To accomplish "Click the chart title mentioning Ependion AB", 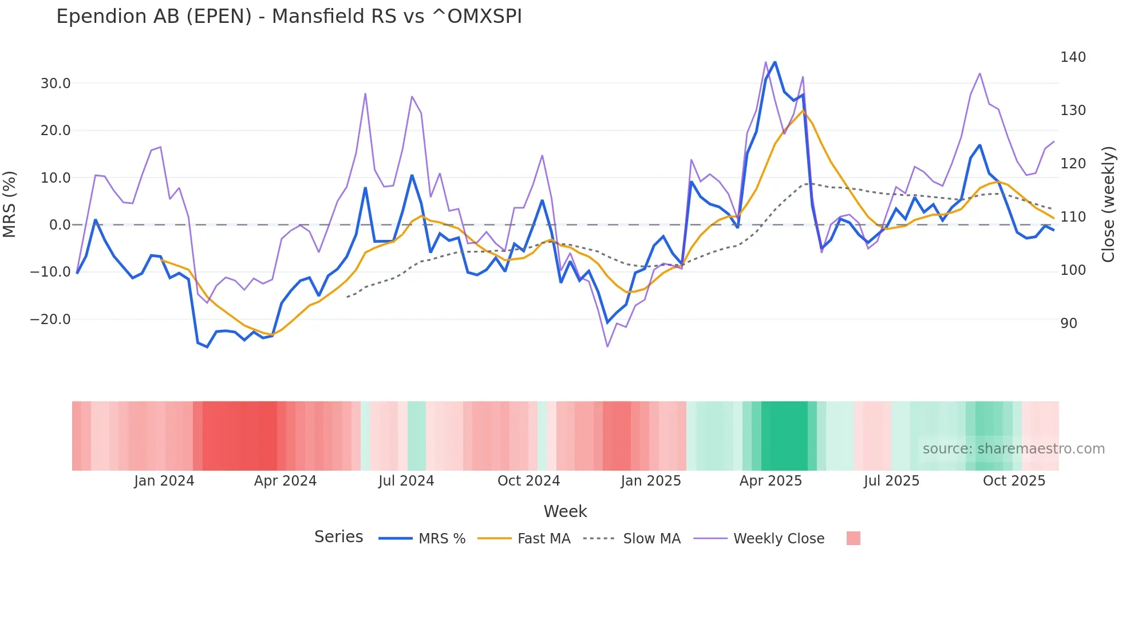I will point(289,17).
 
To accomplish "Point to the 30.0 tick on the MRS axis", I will point(56,84).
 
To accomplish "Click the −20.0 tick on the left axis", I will point(50,320).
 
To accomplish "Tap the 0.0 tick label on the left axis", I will point(60,225).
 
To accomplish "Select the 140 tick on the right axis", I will point(1073,57).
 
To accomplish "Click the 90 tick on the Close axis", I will point(1069,324).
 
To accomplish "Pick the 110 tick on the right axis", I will point(1073,217).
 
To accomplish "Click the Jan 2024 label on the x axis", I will point(164,481).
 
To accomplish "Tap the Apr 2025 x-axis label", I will point(771,481).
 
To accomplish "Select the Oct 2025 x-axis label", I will point(1014,481).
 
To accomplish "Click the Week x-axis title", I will point(565,511).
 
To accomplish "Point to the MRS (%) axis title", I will point(10,204).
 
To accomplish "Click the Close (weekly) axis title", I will point(1109,204).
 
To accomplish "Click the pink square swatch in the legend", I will point(853,538).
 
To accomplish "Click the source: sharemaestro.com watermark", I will point(1013,449).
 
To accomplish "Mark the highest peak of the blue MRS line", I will point(775,62).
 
